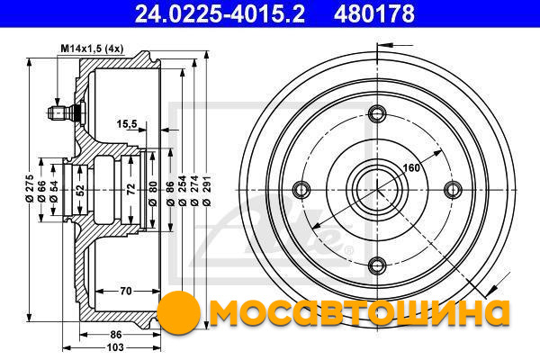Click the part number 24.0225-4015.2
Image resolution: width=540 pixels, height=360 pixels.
tap(220, 13)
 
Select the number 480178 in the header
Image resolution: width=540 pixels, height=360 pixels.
tap(374, 13)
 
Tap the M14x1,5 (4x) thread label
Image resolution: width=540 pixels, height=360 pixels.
tap(92, 49)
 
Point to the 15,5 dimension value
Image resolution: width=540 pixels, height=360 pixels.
tap(127, 123)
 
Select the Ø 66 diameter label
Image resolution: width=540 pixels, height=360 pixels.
tap(41, 191)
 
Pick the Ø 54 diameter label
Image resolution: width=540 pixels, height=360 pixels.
tap(53, 191)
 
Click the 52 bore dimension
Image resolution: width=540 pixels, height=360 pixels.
tap(80, 190)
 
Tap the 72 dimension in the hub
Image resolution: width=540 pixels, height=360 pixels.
tap(130, 189)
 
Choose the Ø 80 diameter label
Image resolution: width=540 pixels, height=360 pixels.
tap(153, 193)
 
